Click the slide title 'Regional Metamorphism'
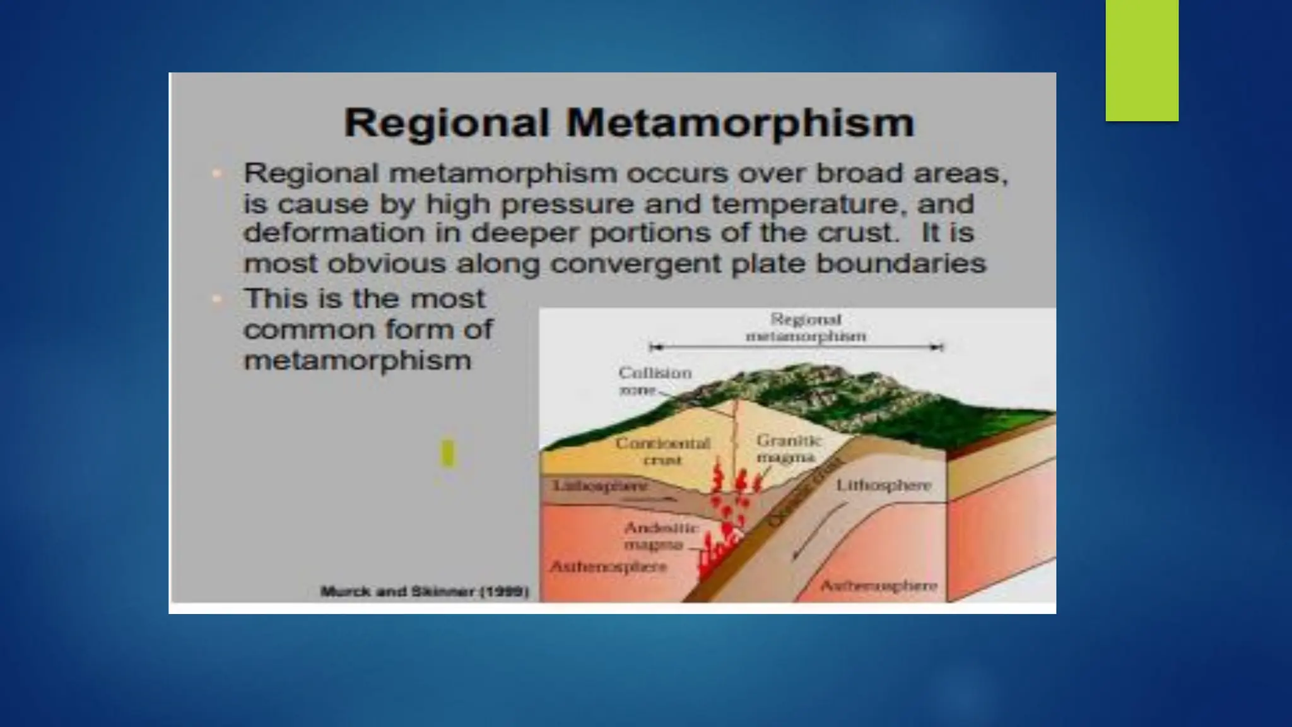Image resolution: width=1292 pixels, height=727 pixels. tap(629, 122)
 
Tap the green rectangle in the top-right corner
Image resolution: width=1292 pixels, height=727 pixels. tap(1142, 60)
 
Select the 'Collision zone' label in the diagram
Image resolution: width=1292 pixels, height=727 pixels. tap(654, 381)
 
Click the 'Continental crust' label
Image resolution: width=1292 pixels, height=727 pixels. tap(662, 451)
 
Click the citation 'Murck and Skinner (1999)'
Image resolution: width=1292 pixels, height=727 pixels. tap(425, 592)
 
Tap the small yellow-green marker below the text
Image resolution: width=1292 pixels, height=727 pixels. tap(447, 454)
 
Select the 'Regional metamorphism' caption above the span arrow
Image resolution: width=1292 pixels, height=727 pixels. tap(806, 328)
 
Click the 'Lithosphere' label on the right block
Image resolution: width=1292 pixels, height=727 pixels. tap(883, 485)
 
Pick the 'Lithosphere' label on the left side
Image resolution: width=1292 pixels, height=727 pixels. tap(600, 485)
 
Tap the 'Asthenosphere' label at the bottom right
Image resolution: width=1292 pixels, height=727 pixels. tap(878, 586)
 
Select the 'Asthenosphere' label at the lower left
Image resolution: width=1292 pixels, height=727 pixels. tap(608, 567)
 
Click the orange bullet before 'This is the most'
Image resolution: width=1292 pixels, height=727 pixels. tap(217, 299)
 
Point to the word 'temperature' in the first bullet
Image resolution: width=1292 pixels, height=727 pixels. tap(843, 204)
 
